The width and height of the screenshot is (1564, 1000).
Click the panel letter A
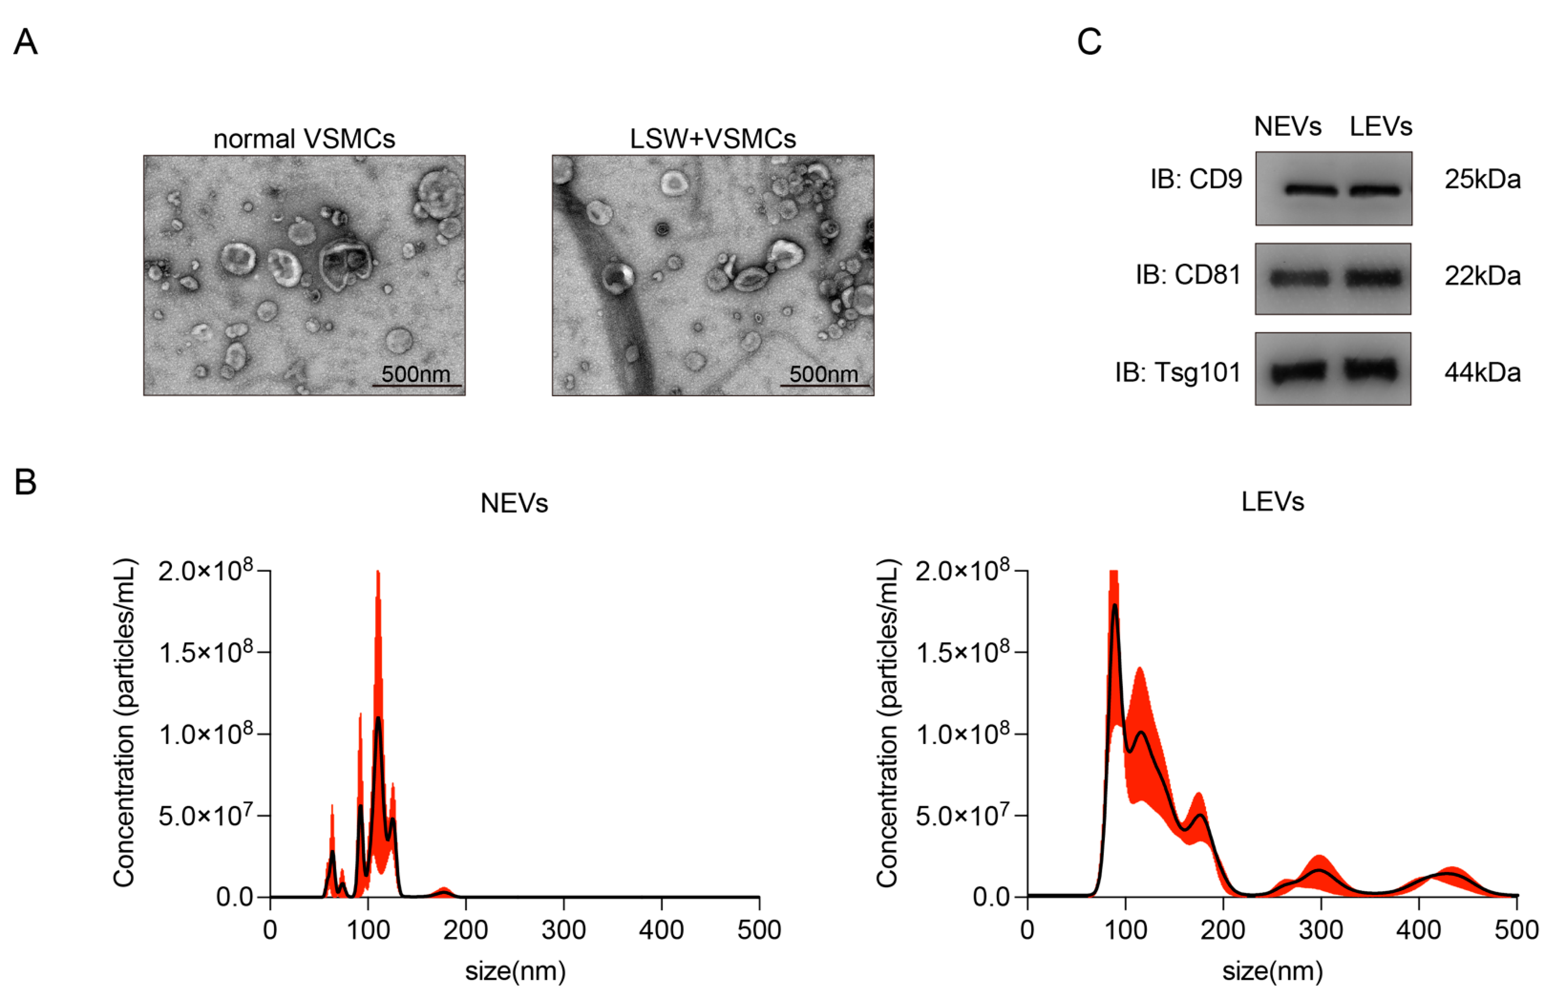tap(25, 42)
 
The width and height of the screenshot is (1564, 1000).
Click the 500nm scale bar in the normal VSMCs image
tap(416, 385)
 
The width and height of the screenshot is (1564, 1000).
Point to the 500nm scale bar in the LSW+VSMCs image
tap(824, 385)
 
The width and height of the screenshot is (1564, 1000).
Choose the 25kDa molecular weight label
tap(1482, 179)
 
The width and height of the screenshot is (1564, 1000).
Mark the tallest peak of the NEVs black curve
tap(378, 718)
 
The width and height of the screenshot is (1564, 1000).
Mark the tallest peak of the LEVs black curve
tap(1115, 606)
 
